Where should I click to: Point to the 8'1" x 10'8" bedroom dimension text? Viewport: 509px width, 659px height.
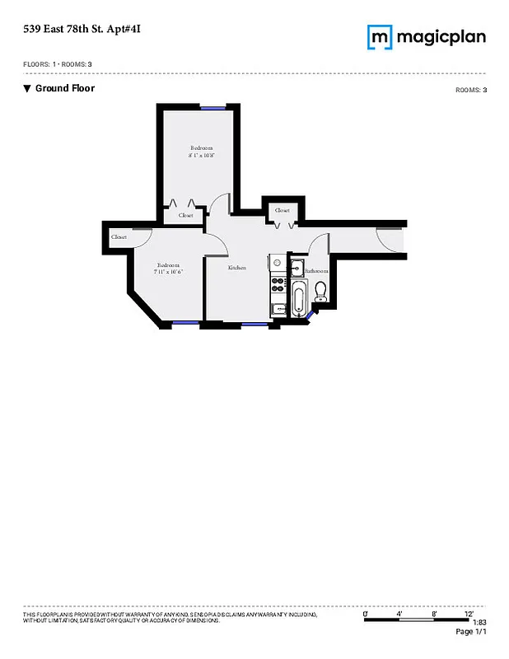tap(201, 155)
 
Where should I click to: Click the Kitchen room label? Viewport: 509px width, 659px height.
tap(237, 268)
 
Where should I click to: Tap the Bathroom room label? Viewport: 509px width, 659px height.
tap(317, 270)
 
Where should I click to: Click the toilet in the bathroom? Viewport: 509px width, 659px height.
tap(321, 291)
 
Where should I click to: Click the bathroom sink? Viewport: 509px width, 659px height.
tap(297, 265)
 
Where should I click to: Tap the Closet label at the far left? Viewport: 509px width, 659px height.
tap(119, 237)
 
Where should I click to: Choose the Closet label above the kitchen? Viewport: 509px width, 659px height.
tap(282, 210)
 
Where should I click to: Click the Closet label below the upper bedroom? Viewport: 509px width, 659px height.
tap(186, 215)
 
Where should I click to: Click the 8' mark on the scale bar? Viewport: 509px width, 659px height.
tap(433, 615)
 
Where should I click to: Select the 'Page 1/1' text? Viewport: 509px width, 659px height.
tap(471, 632)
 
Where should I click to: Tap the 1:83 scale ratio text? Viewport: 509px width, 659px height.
tap(479, 623)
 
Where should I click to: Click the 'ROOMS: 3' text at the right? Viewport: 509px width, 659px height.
tap(471, 90)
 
